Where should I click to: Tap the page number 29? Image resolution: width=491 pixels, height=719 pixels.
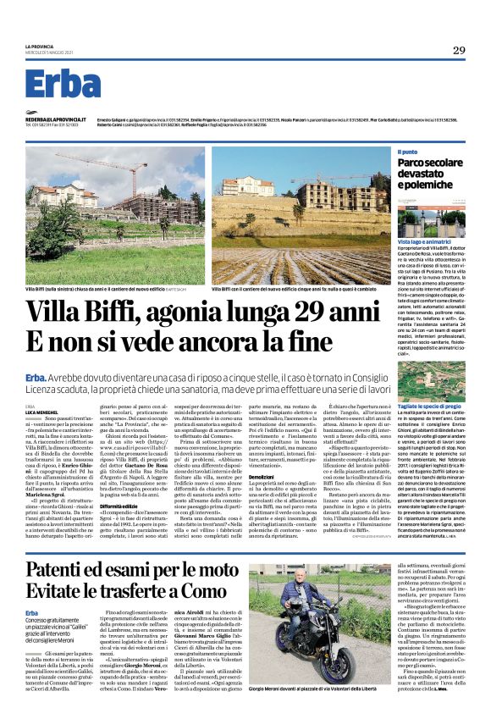point(457,49)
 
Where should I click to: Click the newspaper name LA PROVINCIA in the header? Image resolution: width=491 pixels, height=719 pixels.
point(39,47)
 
